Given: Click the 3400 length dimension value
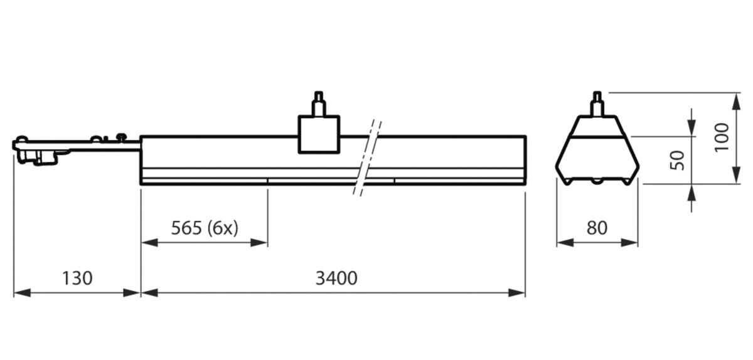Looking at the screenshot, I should (x=336, y=278).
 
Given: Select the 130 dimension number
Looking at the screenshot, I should (x=77, y=278).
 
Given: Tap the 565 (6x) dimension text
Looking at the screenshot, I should (x=205, y=228).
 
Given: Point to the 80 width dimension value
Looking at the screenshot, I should (x=597, y=228).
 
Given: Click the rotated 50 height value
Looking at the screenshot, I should (x=677, y=160).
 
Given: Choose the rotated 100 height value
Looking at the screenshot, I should (x=722, y=136).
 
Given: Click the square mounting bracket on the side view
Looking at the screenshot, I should (x=319, y=134).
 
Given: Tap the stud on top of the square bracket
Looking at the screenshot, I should (x=319, y=103).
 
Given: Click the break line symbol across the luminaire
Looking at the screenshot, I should (x=368, y=156).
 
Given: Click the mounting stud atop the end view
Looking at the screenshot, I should (x=597, y=103).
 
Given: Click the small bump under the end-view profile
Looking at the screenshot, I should (x=597, y=181).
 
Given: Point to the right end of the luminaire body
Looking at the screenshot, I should (x=524, y=160).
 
